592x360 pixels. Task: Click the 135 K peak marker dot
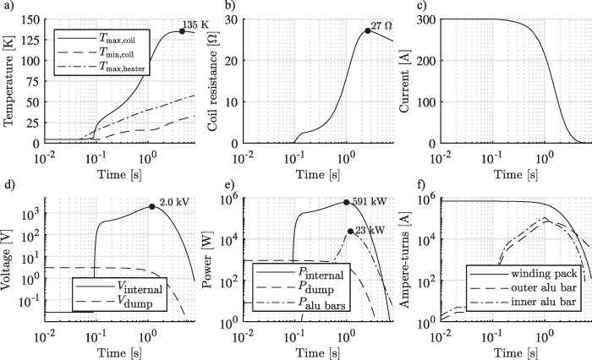(182, 31)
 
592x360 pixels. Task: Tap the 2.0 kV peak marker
(151, 206)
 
